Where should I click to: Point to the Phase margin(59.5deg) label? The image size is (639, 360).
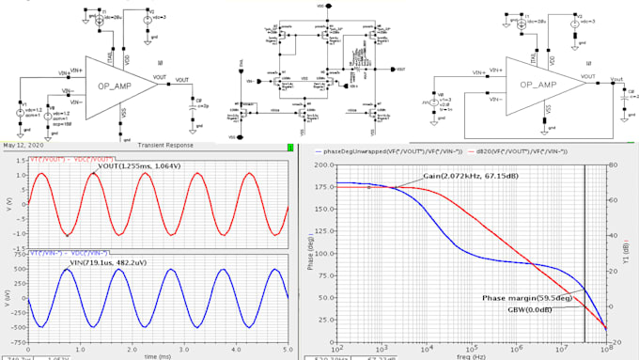coord(517,297)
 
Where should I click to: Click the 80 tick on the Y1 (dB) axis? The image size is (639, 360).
coord(611,164)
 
